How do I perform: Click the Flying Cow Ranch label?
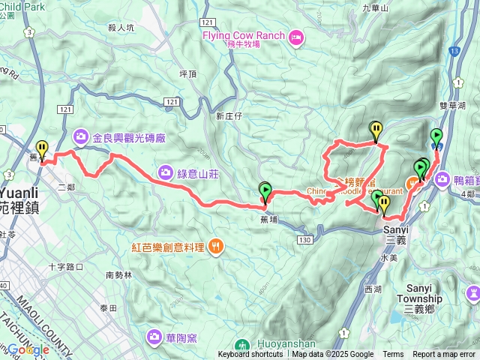(x=242, y=36)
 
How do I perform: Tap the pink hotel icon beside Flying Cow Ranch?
(x=296, y=36)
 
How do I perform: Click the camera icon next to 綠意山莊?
(x=164, y=172)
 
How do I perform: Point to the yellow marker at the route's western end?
(x=41, y=148)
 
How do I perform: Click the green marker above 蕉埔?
(x=264, y=190)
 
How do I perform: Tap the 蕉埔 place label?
(x=268, y=219)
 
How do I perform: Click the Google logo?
(x=28, y=349)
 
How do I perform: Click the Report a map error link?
(x=444, y=355)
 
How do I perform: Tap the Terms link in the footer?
(x=393, y=355)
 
